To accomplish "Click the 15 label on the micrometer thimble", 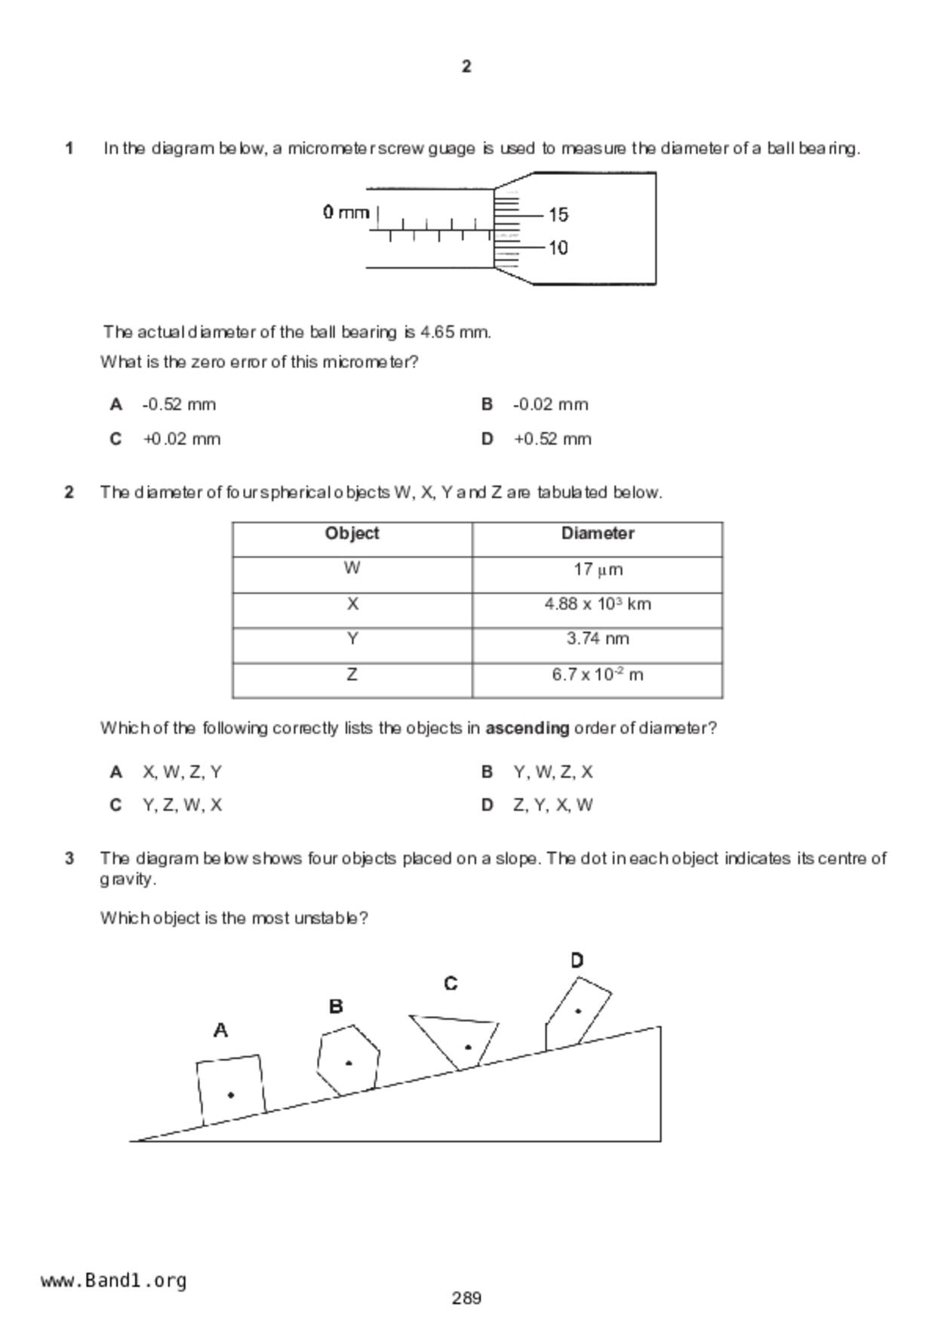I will tap(558, 215).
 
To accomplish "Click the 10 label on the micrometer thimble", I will tap(558, 248).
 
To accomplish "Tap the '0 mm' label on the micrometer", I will tap(346, 213).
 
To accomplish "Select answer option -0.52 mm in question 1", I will tap(179, 405).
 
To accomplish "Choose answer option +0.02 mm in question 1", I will tap(181, 439).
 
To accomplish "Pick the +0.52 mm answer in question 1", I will tap(552, 439).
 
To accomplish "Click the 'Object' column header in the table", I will tap(352, 533).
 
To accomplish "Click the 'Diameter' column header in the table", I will tap(597, 533).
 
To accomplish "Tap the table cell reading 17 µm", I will tap(598, 569).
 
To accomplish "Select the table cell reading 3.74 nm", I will tap(598, 639).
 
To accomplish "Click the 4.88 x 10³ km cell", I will tap(598, 604).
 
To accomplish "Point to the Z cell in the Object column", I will tap(352, 674).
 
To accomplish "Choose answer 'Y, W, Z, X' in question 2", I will tap(553, 772).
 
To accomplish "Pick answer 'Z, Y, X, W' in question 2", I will tap(553, 805).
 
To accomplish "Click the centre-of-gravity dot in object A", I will tap(231, 1094).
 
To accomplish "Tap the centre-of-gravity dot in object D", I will tap(579, 1011).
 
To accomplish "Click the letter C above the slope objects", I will tap(451, 984).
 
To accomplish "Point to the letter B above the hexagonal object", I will tap(337, 1006).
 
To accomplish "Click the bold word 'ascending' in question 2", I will tap(527, 729).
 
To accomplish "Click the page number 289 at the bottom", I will tap(467, 1298).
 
